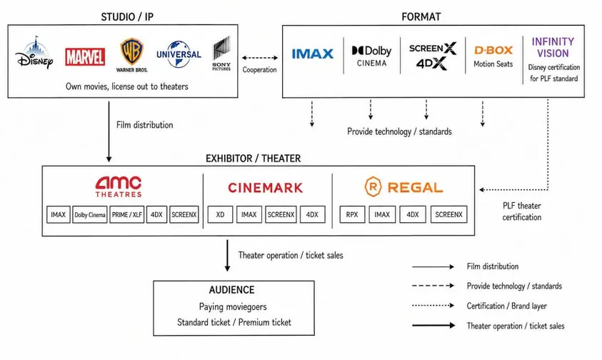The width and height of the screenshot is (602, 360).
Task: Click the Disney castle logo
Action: point(34,53)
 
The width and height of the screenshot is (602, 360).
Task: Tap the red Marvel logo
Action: point(85,57)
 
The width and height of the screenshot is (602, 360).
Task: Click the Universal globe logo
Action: point(179,54)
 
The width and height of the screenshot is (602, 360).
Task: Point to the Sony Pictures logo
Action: point(221,54)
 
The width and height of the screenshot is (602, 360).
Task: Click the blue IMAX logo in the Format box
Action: point(313,54)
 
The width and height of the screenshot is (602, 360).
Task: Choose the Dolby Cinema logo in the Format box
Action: point(371,56)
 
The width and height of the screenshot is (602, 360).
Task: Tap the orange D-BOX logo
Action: point(493,50)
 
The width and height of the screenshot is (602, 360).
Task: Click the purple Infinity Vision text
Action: point(553,47)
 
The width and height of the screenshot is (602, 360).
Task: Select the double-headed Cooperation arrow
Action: point(259,58)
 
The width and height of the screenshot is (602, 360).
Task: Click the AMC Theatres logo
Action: point(119,186)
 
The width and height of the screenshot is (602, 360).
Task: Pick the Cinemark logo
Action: point(266,188)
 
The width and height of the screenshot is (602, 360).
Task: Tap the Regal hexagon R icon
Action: point(373,186)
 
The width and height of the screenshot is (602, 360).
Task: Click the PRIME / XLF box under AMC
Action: point(126,215)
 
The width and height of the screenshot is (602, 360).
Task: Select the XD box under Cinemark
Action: point(220,215)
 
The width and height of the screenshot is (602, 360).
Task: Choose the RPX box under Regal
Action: point(352,215)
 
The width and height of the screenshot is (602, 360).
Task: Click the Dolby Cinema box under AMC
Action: point(90,215)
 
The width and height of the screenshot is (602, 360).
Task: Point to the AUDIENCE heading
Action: point(232,290)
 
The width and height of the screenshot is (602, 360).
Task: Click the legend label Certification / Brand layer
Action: point(507,306)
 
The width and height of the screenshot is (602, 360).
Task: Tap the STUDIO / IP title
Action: point(127,17)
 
